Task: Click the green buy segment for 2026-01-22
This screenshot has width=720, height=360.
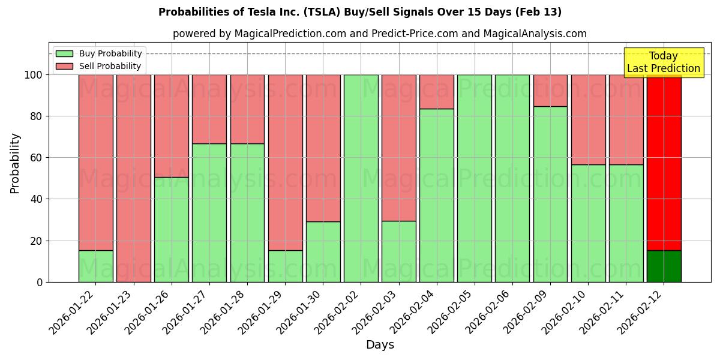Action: (x=95, y=266)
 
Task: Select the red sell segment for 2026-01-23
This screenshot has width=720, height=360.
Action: (x=133, y=178)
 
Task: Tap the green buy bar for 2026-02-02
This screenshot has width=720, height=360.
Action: (x=361, y=178)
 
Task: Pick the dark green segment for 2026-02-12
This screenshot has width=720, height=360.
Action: (x=664, y=266)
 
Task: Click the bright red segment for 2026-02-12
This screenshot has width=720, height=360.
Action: (x=664, y=162)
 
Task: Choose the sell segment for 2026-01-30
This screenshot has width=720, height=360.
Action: (x=323, y=148)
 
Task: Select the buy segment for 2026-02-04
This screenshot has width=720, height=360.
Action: (x=437, y=195)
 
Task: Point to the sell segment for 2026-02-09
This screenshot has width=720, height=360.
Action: (x=550, y=90)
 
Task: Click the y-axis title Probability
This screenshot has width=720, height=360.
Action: (x=15, y=163)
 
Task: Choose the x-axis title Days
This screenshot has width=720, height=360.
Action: (x=380, y=345)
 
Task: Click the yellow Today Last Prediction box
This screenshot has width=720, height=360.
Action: (x=664, y=62)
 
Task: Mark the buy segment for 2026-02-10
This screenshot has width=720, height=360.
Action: (x=588, y=223)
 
